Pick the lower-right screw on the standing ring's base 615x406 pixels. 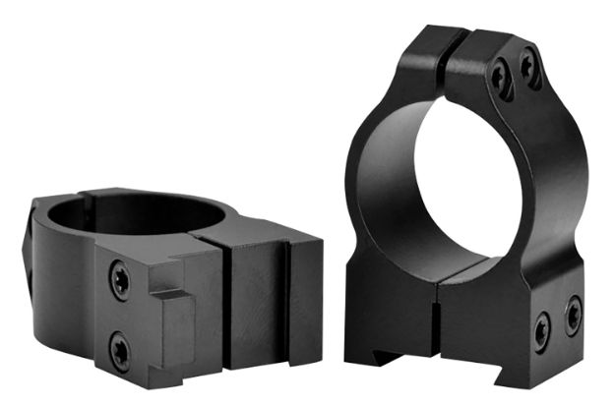[573, 316]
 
